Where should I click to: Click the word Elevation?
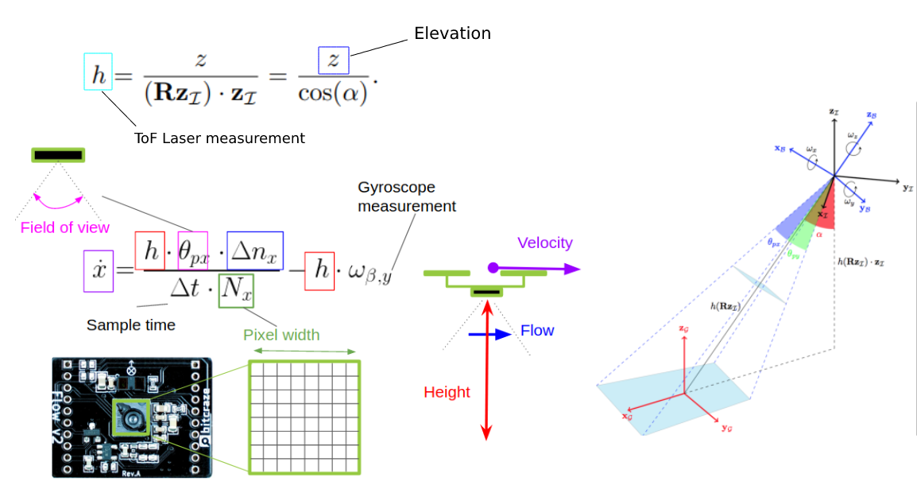click(452, 33)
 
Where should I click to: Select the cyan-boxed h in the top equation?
click(98, 72)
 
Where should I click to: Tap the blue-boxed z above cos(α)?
click(334, 60)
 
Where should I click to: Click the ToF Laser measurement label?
click(220, 138)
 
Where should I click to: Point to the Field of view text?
click(65, 227)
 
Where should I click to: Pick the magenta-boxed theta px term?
click(192, 251)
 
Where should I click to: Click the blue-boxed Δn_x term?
click(254, 250)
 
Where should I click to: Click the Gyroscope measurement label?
click(407, 196)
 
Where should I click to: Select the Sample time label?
click(131, 324)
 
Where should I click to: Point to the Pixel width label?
click(281, 335)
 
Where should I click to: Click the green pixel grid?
click(304, 417)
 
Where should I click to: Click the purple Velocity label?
click(544, 243)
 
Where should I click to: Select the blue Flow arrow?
click(489, 335)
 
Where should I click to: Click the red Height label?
click(447, 392)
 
